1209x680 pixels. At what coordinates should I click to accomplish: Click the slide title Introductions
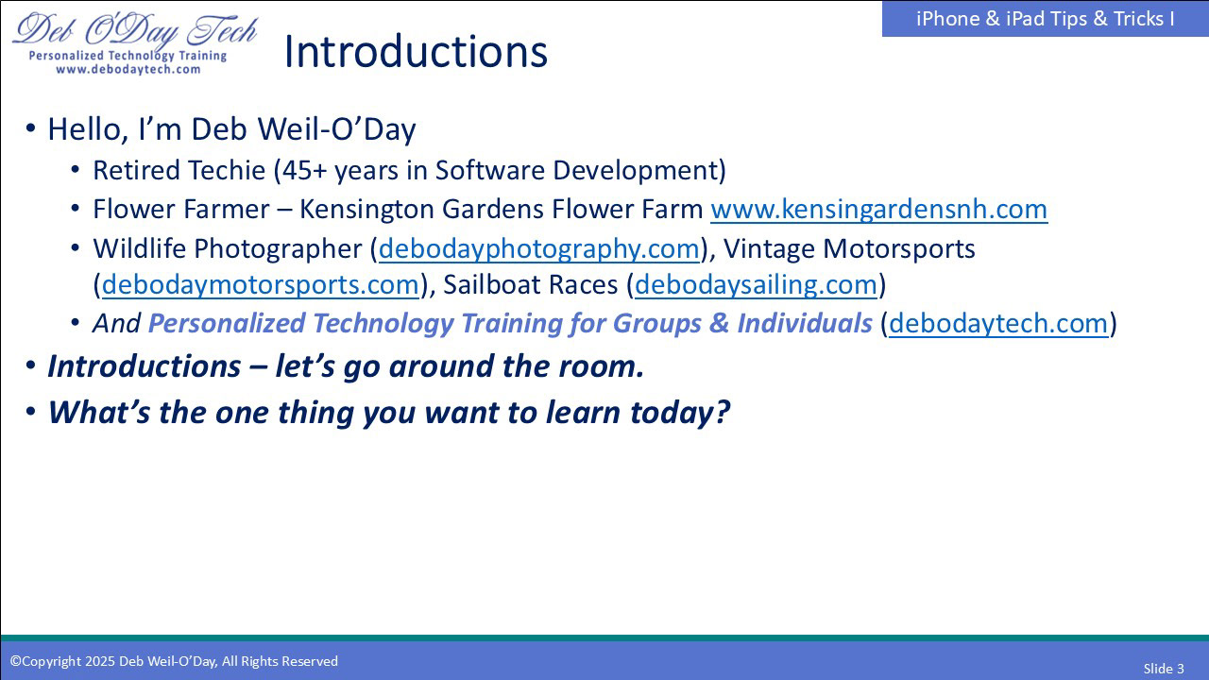416,52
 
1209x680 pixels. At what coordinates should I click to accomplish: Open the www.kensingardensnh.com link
878,210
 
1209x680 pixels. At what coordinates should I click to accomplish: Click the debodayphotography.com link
538,248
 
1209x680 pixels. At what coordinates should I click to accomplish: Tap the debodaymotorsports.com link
260,284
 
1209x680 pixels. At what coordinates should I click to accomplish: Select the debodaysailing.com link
756,284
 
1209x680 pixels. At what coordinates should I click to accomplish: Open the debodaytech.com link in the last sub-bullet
998,323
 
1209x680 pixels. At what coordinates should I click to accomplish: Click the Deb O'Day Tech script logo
135,30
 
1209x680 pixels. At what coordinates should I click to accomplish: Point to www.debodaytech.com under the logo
128,69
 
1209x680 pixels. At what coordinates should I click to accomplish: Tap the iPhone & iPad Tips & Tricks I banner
1045,19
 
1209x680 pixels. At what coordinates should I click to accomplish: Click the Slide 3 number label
1164,669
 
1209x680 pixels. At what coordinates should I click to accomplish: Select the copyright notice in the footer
174,661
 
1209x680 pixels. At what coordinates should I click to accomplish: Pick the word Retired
137,171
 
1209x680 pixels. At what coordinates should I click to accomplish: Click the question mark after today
723,412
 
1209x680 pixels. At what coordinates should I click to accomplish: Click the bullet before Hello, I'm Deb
31,129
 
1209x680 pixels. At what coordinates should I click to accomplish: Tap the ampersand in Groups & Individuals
719,323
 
